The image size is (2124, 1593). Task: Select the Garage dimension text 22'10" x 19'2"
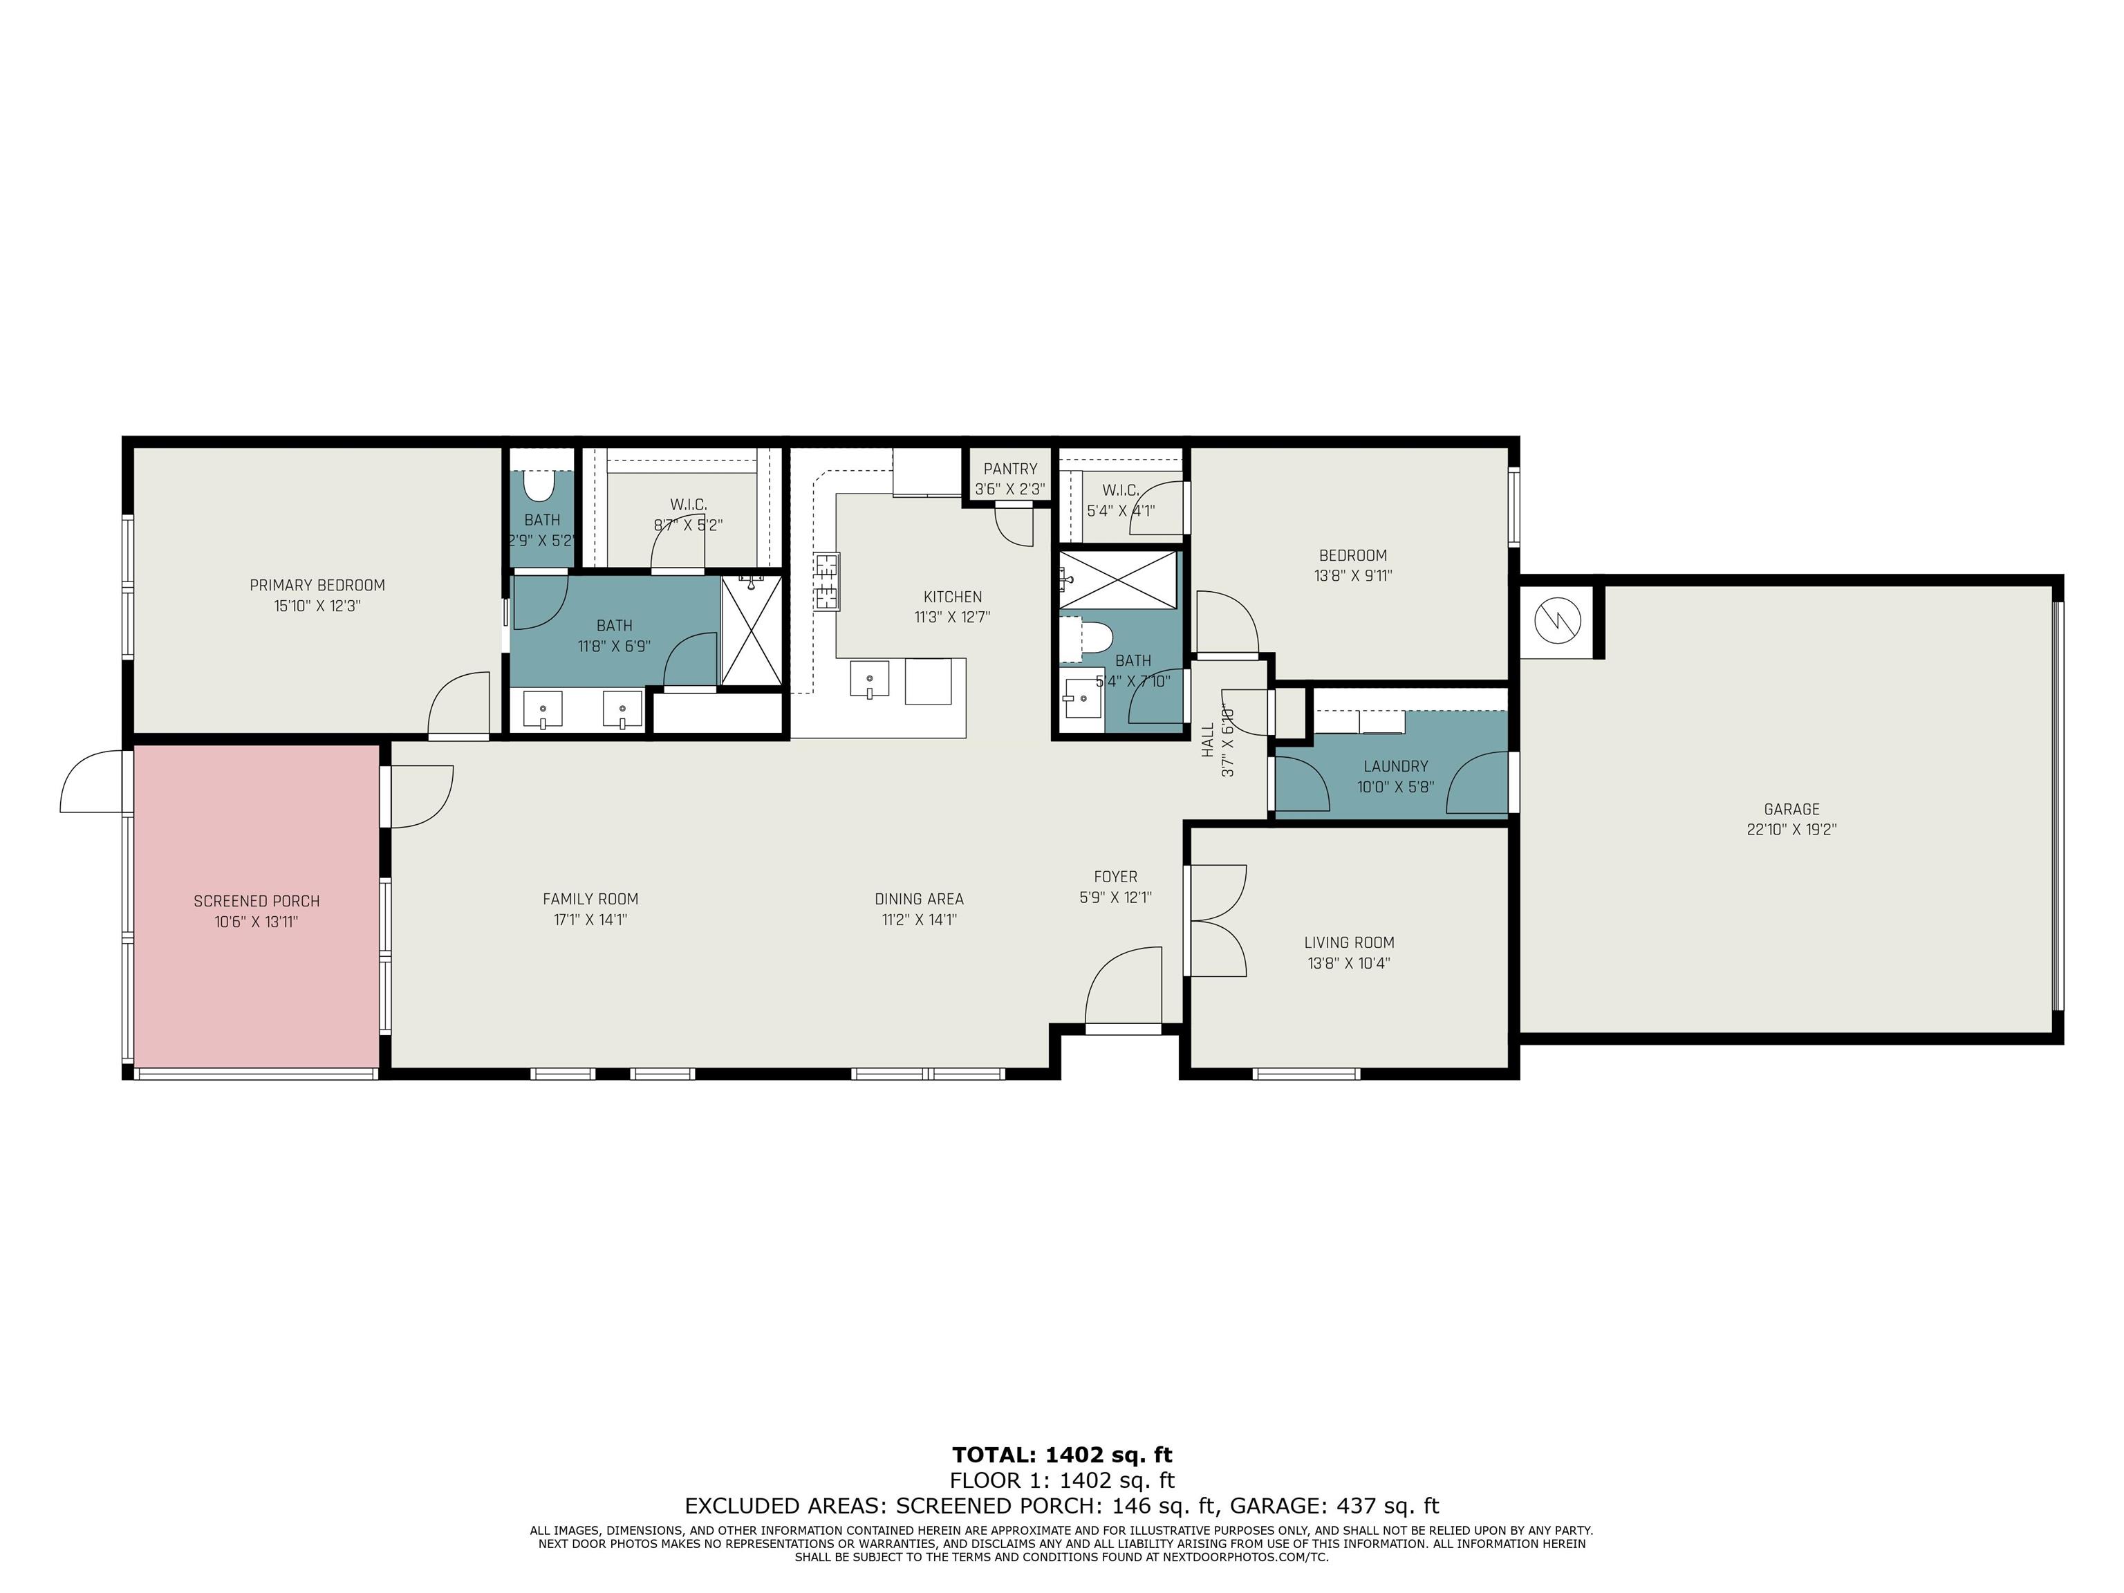pyautogui.click(x=1791, y=830)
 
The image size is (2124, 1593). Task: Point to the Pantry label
pyautogui.click(x=1010, y=469)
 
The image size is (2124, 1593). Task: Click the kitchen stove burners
pyautogui.click(x=827, y=581)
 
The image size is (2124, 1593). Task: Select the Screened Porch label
pyautogui.click(x=257, y=902)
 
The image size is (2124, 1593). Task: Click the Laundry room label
pyautogui.click(x=1395, y=766)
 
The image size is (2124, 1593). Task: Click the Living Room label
pyautogui.click(x=1349, y=943)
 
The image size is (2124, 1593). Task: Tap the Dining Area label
pyautogui.click(x=919, y=899)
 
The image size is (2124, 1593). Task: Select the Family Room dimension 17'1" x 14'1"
pyautogui.click(x=590, y=920)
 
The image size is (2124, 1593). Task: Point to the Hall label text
pyautogui.click(x=1207, y=740)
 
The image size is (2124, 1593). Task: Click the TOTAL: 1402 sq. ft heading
pyautogui.click(x=1062, y=1455)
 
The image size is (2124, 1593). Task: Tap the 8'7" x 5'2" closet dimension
pyautogui.click(x=687, y=526)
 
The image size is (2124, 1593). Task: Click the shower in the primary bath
pyautogui.click(x=752, y=630)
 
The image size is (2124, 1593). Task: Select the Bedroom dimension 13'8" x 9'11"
pyautogui.click(x=1353, y=576)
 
